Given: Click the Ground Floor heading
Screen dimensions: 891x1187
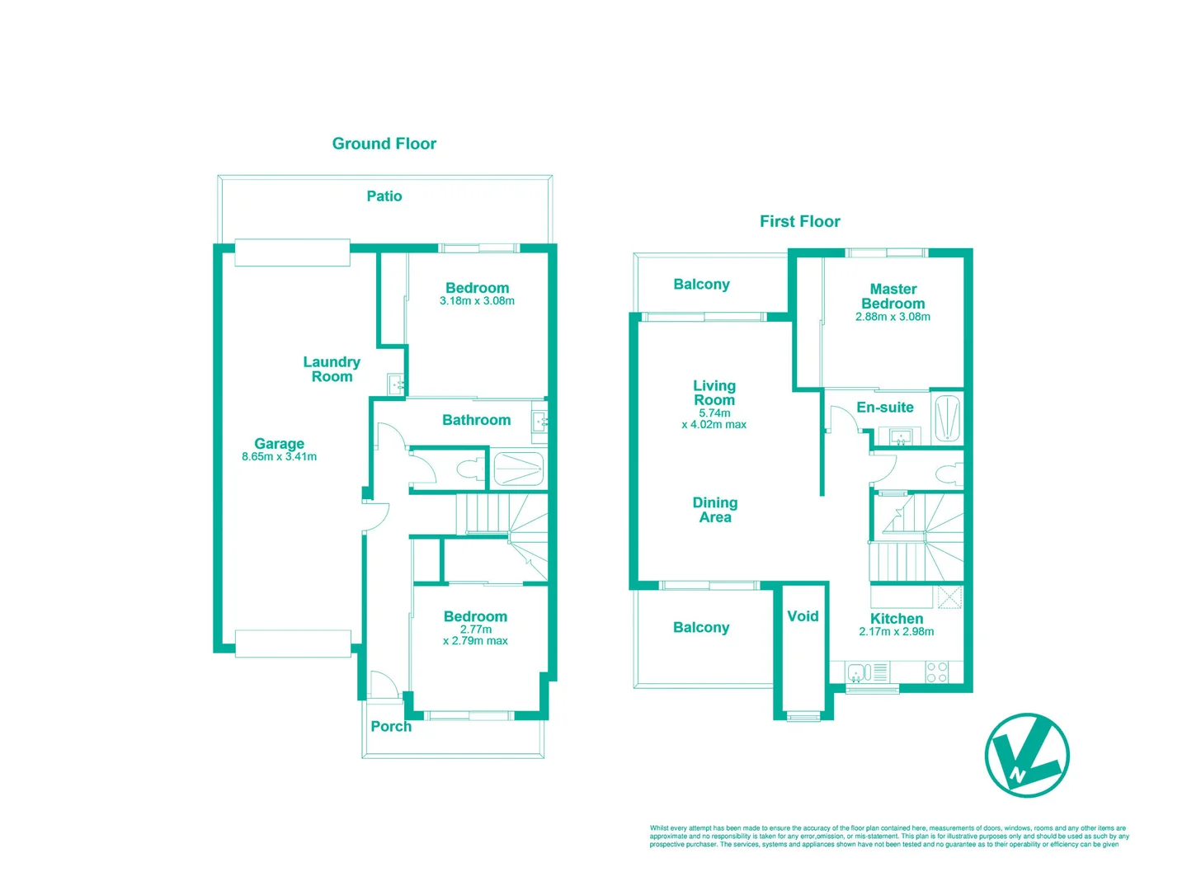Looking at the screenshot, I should point(384,144).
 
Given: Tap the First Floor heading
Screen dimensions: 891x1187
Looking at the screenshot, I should point(799,221).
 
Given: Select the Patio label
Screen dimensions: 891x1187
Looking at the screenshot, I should point(384,196).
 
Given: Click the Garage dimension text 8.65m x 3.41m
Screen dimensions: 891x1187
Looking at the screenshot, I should point(279,457).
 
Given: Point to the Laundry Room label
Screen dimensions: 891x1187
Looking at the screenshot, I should point(332,369).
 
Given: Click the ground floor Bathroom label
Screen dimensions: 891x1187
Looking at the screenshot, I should point(476,420).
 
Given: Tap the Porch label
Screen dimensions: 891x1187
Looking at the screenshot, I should point(391,726).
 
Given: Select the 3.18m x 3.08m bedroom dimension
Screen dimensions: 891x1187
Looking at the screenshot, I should point(477,301).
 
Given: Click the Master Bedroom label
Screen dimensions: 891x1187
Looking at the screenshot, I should point(893,296).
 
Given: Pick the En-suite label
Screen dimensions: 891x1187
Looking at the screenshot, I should point(884,408).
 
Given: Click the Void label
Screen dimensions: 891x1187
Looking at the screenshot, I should point(803,616).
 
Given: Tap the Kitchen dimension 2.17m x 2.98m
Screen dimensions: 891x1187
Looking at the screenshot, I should point(896,632).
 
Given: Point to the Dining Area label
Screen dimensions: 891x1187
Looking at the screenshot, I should point(715,510).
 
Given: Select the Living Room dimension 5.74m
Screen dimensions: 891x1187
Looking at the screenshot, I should point(714,413).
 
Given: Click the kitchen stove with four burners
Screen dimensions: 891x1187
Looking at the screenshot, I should point(936,672).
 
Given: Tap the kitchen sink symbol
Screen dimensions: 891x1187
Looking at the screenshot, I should point(859,673).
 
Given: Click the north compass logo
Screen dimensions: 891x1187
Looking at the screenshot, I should point(1026,755).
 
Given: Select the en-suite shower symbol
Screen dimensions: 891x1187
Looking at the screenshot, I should point(947,419).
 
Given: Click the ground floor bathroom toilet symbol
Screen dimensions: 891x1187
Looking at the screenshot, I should point(470,470).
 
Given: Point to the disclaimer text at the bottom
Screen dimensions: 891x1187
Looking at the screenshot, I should point(888,837).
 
